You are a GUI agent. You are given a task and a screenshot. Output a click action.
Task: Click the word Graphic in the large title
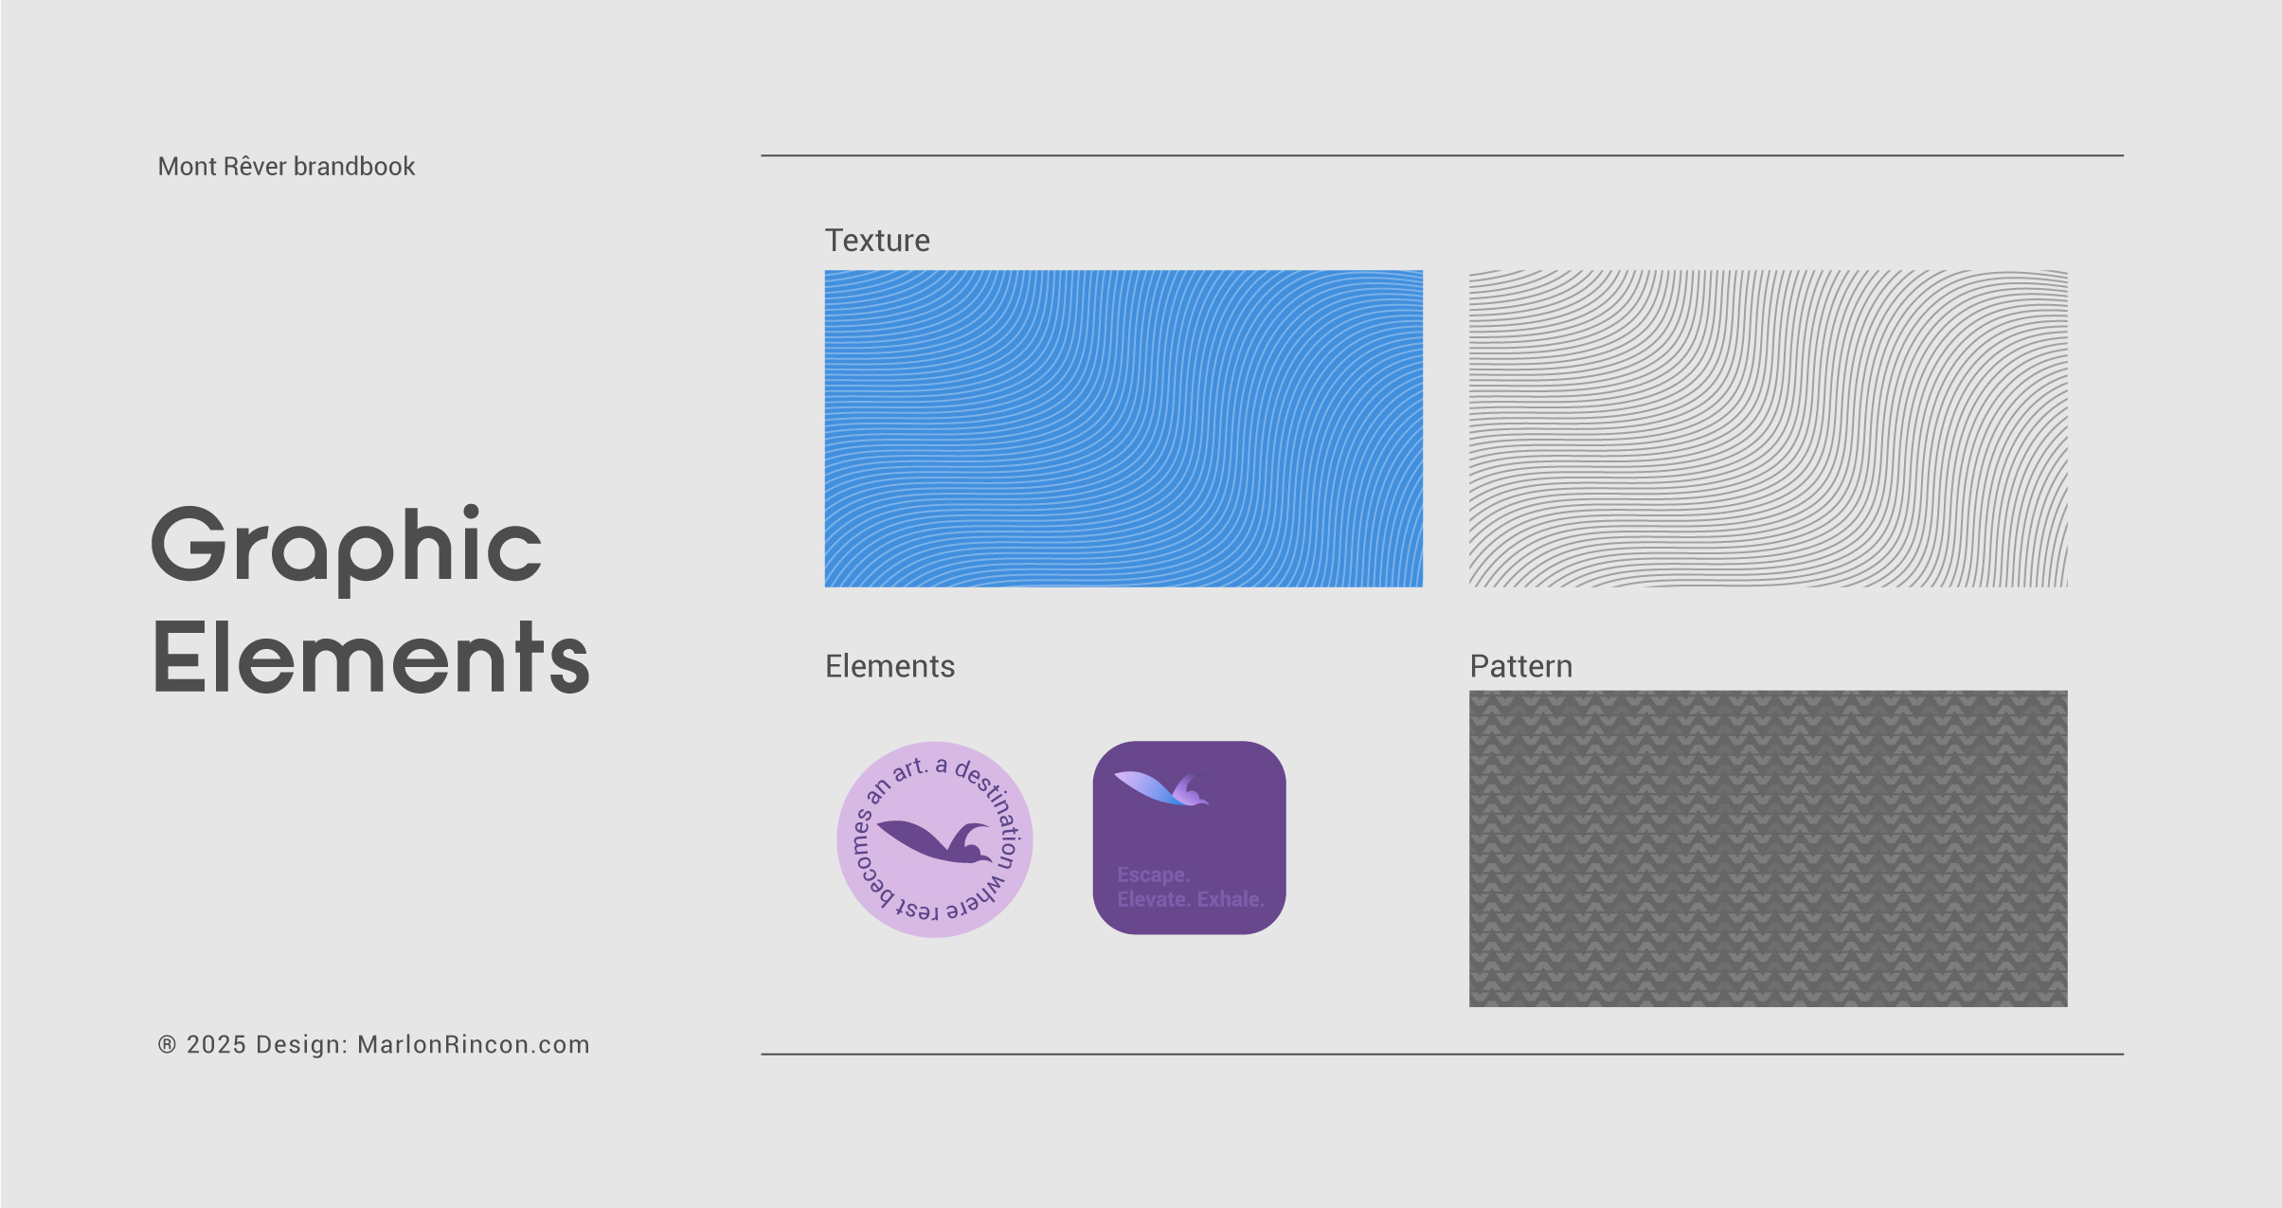347,548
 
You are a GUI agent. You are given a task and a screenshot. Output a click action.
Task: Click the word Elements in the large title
371,657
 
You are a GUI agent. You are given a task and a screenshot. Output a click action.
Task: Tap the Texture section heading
877,241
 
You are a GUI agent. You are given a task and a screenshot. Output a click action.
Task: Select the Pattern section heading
1520,666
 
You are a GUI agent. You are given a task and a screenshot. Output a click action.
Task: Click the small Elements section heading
889,666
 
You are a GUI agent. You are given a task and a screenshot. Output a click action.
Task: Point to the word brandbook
354,167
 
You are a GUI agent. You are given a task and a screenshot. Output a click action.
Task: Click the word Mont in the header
187,167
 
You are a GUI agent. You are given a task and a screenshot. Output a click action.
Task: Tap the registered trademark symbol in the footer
167,1044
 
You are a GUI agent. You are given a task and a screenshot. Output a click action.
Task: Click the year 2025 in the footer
217,1044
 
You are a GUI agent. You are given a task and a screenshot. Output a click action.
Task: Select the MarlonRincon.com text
473,1044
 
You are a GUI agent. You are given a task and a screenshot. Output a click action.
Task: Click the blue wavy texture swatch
1123,428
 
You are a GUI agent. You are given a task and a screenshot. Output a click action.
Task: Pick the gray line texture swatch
1768,428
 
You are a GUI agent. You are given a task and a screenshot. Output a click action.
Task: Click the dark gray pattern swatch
1768,848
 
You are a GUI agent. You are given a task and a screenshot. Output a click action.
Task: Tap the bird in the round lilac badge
936,841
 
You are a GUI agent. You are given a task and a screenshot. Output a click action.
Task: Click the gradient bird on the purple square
1161,788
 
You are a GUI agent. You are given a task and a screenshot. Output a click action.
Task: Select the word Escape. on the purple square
1153,874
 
